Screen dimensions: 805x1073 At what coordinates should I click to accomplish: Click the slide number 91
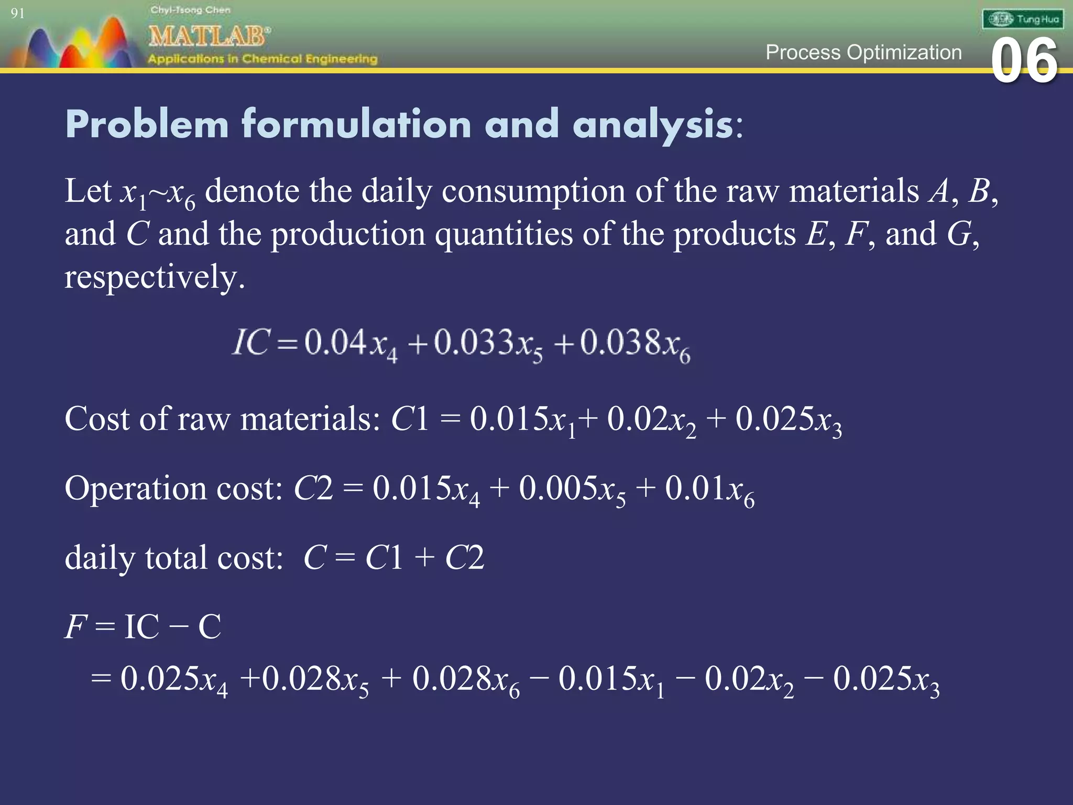pyautogui.click(x=17, y=13)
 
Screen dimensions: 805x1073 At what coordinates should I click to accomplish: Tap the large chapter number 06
pyautogui.click(x=1024, y=62)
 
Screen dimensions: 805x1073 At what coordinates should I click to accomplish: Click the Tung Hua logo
pyautogui.click(x=1023, y=19)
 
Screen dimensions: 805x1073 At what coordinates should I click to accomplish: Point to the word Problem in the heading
pyautogui.click(x=147, y=125)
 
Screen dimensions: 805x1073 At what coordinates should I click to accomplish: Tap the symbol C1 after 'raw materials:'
pyautogui.click(x=410, y=419)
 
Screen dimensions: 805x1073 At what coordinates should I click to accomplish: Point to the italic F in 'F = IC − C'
pyautogui.click(x=75, y=626)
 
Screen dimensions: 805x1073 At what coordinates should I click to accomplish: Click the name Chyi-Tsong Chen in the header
pyautogui.click(x=190, y=10)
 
